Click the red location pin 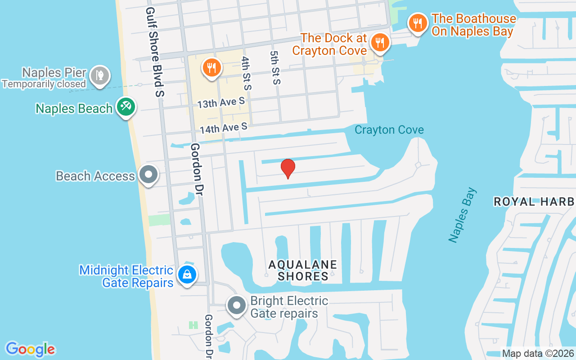point(288,168)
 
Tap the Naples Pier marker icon point(99,75)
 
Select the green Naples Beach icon point(126,107)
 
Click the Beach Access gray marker point(148,175)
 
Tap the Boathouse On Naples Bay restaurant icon point(418,22)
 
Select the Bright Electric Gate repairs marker point(236,306)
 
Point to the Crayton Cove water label point(389,130)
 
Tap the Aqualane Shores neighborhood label point(303,270)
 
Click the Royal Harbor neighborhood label point(535,202)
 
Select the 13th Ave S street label point(221,103)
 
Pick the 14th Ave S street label point(224,128)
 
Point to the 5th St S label point(275,67)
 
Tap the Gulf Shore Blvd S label point(155,52)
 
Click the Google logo point(30,349)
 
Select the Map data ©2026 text point(538,353)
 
